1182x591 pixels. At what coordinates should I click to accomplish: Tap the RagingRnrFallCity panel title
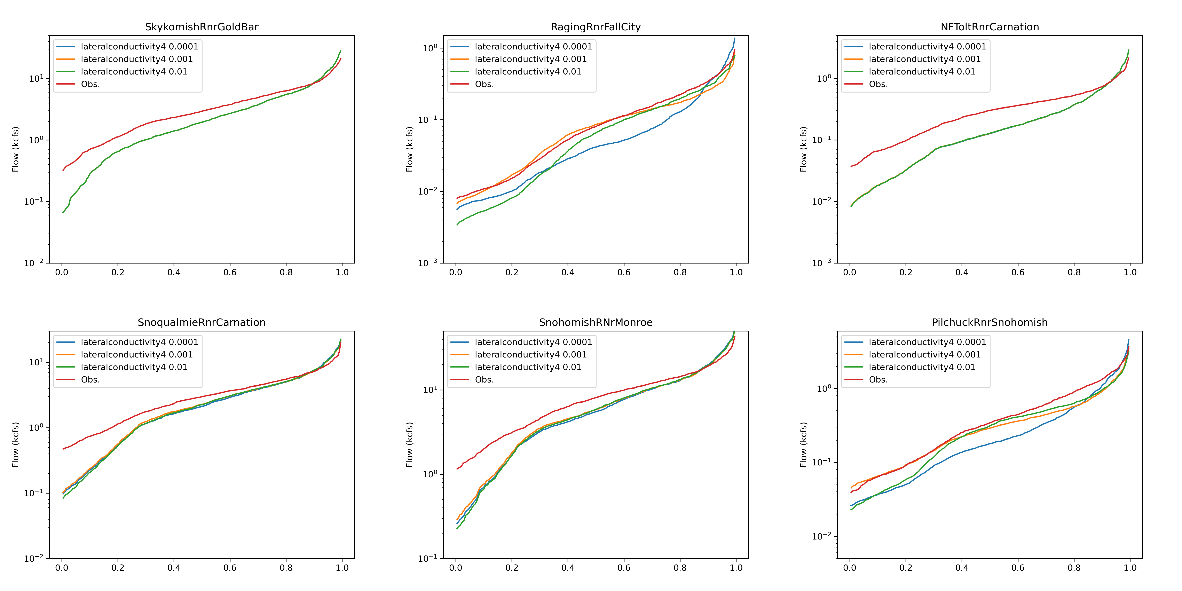pos(596,27)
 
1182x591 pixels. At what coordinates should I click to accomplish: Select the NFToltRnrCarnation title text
pos(990,27)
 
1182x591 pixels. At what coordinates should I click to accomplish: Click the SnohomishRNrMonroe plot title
pos(596,323)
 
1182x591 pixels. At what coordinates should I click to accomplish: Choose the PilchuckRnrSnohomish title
pos(990,323)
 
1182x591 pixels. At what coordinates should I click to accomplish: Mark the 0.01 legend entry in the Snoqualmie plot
pos(134,367)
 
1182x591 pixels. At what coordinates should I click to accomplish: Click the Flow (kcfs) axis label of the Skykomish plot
pos(16,149)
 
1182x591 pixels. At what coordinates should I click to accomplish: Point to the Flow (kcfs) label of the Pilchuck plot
pos(803,445)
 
